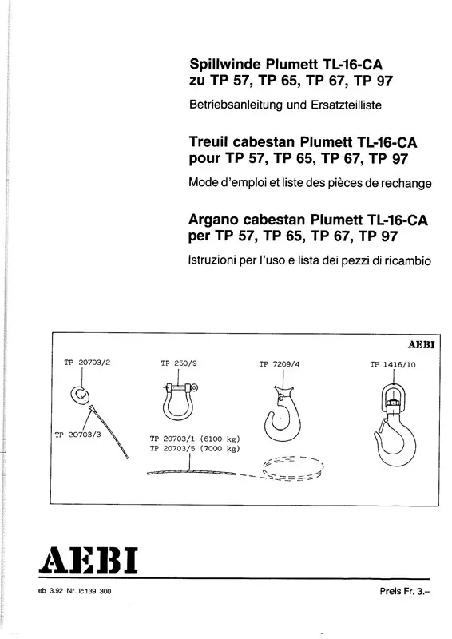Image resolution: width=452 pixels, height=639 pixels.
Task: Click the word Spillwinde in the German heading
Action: pos(226,65)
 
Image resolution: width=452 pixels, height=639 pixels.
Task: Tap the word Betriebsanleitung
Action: pos(236,105)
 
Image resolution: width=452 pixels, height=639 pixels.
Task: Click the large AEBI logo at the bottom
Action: pos(89,561)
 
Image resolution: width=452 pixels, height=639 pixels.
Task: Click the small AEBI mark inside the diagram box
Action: pos(422,345)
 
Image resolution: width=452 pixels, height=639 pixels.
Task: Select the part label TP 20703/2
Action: pos(87,363)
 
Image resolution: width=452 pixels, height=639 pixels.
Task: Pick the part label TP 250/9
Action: pos(179,363)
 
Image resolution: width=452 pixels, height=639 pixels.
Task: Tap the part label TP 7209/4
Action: pos(280,364)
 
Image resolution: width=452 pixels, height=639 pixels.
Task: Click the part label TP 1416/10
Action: pos(392,365)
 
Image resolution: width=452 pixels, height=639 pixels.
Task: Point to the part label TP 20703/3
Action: pos(77,435)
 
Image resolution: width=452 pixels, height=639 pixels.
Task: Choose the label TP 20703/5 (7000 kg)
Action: pos(195,449)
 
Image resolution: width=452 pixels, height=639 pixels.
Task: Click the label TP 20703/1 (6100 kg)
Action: pos(195,439)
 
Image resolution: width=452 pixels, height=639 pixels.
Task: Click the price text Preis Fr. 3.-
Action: pos(405,591)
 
